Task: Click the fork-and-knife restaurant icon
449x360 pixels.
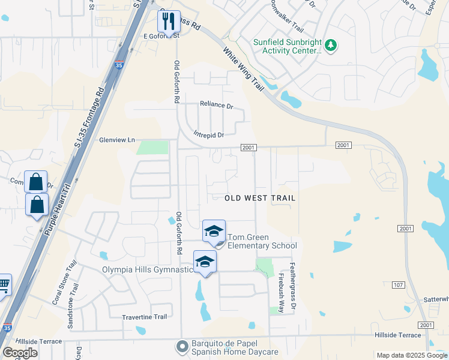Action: [x=167, y=21]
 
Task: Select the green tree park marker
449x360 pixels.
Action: [x=330, y=45]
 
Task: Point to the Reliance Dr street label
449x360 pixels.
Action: [x=216, y=105]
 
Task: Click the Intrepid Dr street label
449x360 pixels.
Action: [x=208, y=135]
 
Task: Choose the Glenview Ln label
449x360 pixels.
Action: [x=116, y=140]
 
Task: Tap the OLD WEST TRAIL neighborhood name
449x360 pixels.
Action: [x=260, y=197]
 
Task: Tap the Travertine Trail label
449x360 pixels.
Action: [x=144, y=317]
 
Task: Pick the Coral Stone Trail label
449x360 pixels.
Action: [x=64, y=283]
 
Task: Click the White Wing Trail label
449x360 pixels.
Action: [x=244, y=69]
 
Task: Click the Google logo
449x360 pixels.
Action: [x=20, y=353]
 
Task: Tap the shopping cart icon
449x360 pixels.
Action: [x=3, y=285]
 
